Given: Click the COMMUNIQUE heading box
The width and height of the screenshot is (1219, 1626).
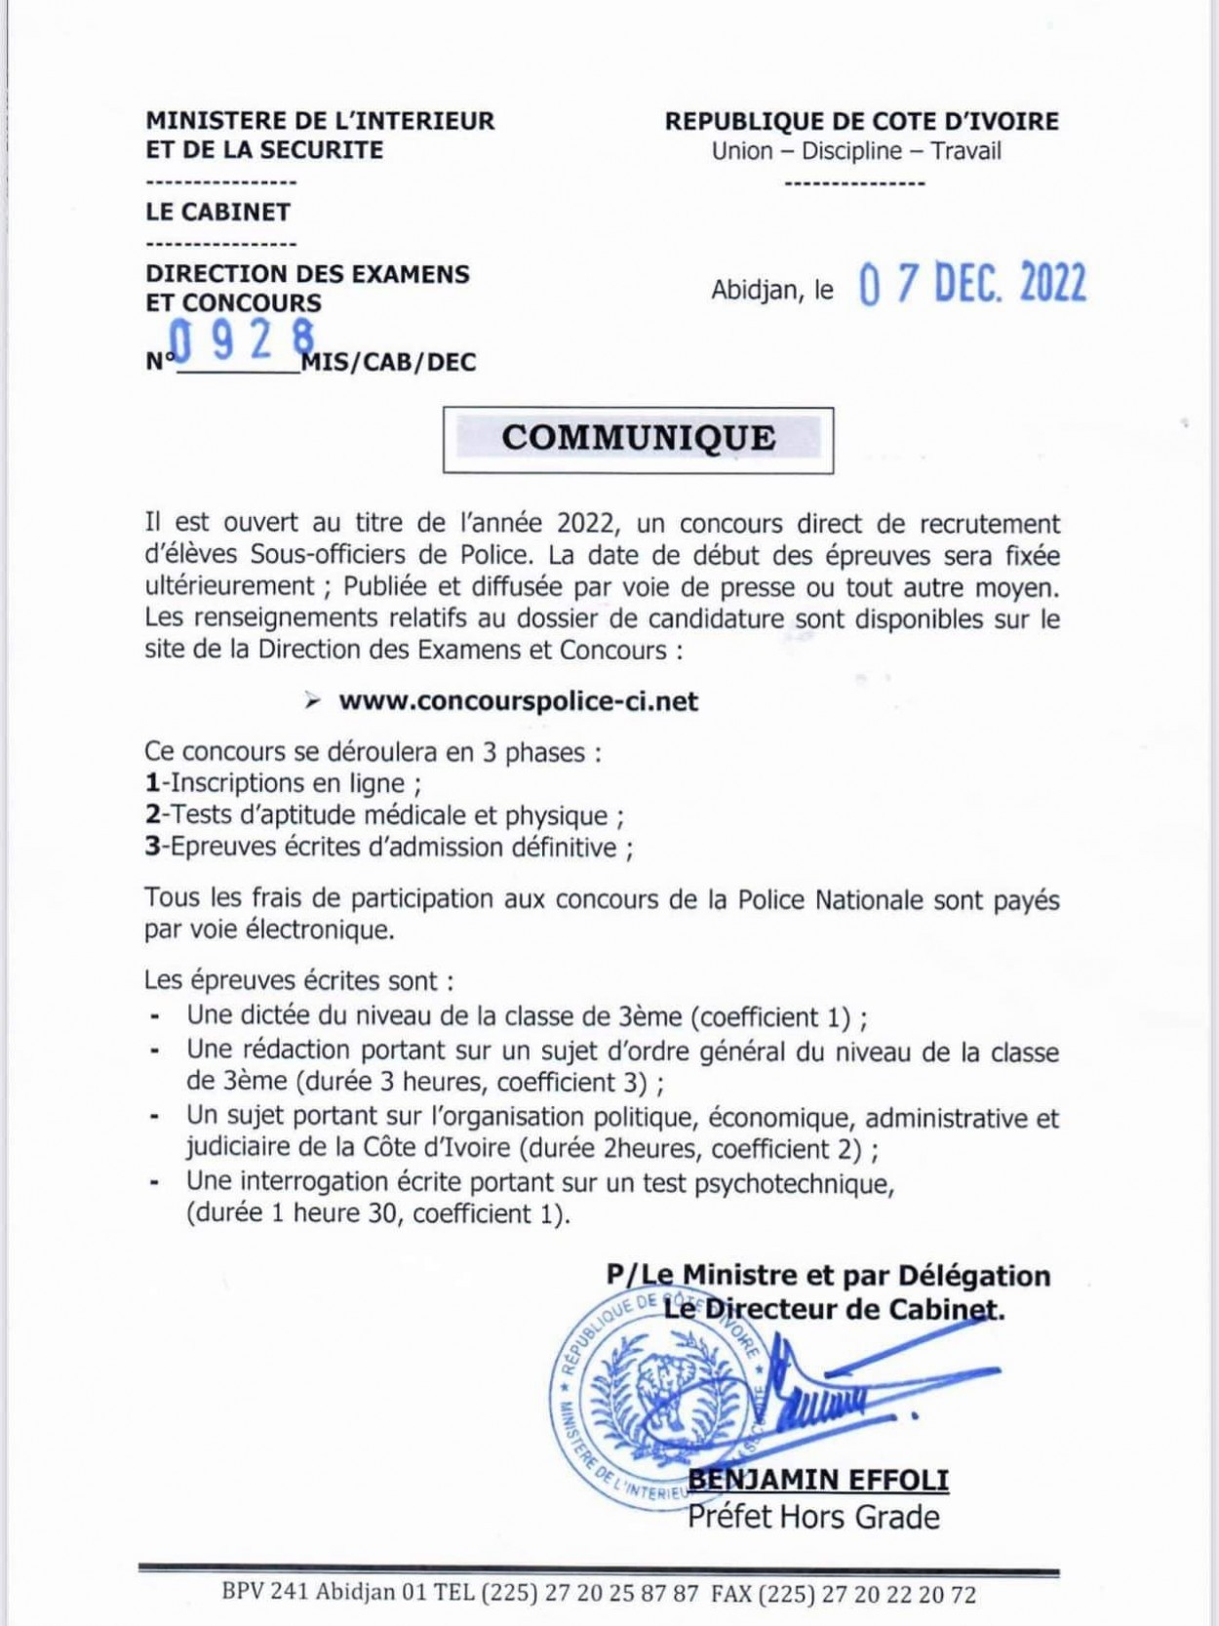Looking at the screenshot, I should click(x=639, y=439).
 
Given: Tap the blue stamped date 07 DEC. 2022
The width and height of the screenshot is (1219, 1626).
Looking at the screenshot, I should click(x=972, y=284).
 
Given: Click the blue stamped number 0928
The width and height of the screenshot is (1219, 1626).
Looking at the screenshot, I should click(x=242, y=340).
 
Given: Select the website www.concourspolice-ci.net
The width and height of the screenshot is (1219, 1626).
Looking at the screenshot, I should click(x=518, y=701).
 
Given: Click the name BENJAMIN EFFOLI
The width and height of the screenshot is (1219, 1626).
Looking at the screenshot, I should click(x=818, y=1480).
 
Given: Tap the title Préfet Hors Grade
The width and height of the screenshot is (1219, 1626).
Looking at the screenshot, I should click(x=813, y=1517).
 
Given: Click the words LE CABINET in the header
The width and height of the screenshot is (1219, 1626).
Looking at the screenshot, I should click(x=218, y=212).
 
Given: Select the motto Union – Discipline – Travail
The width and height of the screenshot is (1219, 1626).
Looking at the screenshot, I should click(x=856, y=151).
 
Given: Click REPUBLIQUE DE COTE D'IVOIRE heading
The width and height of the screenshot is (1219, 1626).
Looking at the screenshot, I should click(x=861, y=121).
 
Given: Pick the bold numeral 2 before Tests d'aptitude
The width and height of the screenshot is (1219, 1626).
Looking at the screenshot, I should click(x=152, y=815).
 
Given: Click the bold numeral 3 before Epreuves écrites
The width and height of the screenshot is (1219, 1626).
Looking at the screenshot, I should click(x=152, y=847).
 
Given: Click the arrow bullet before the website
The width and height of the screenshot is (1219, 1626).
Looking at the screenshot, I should click(x=312, y=701).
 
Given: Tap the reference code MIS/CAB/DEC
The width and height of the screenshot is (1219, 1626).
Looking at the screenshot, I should click(x=389, y=363).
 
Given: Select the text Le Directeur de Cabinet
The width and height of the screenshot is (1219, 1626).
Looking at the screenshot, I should click(x=834, y=1308).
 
